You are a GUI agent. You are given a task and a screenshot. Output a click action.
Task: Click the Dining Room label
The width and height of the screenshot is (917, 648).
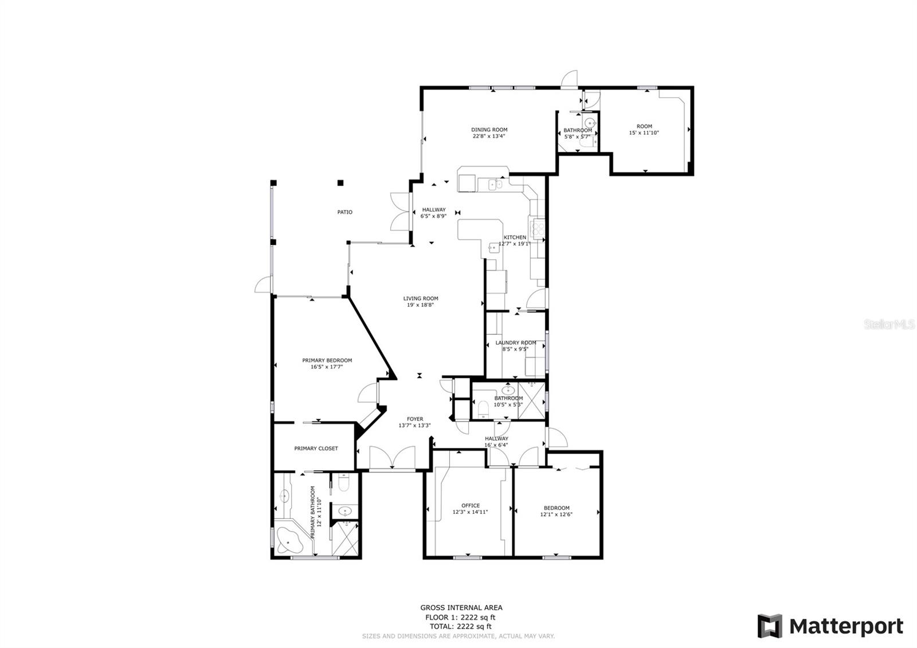(x=489, y=130)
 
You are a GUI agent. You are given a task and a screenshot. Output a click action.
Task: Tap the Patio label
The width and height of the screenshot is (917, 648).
(x=344, y=212)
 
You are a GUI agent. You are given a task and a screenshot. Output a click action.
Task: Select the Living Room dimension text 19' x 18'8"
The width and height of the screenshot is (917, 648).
(x=421, y=305)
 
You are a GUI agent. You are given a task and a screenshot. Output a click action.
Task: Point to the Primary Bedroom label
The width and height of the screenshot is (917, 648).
(x=327, y=361)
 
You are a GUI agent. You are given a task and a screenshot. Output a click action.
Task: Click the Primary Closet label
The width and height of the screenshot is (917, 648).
(x=316, y=448)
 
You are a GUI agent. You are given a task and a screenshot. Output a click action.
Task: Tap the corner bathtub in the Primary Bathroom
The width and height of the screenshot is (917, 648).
(x=289, y=540)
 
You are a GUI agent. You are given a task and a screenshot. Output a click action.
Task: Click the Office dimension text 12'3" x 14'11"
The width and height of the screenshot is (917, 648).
(x=470, y=512)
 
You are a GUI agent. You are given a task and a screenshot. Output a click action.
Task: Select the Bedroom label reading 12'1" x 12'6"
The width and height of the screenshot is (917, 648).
(x=557, y=514)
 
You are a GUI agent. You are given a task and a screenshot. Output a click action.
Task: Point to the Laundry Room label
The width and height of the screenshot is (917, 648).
(x=516, y=343)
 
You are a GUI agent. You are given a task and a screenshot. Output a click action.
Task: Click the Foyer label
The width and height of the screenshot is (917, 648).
(x=415, y=419)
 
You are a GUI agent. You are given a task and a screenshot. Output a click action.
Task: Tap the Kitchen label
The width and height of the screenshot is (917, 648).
(x=515, y=237)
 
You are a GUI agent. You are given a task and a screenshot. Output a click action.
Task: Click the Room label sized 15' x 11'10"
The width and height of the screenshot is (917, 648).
(x=644, y=126)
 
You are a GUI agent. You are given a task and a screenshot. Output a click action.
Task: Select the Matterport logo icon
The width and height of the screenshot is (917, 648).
(x=770, y=626)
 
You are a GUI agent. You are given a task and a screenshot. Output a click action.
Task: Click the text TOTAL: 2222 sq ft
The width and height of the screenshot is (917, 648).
(x=461, y=626)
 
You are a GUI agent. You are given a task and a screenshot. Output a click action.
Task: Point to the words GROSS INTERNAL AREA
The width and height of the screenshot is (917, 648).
(x=461, y=608)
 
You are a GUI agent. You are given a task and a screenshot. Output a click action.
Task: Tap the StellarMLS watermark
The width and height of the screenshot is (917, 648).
(x=889, y=325)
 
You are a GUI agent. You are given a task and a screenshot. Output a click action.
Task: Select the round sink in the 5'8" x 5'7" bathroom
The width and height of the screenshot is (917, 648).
(x=590, y=123)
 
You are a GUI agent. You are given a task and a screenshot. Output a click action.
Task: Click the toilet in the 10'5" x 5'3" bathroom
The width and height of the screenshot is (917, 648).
(x=484, y=409)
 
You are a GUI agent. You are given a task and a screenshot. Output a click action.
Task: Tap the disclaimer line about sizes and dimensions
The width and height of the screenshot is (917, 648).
(x=458, y=636)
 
